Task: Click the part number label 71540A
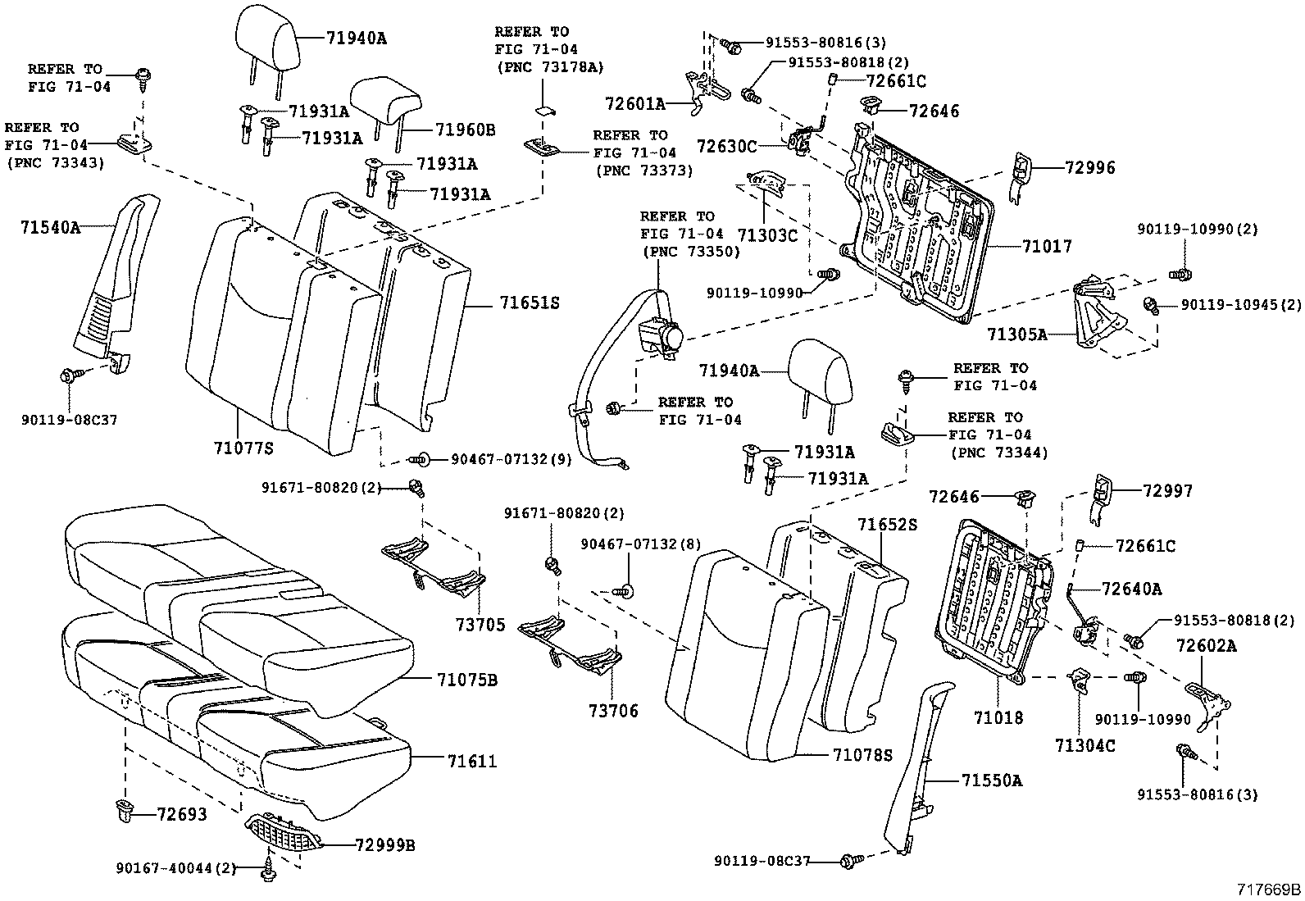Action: [50, 227]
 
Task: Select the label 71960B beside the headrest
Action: [465, 130]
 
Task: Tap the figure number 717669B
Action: [1269, 889]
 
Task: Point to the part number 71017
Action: [1047, 246]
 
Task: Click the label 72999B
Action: [384, 845]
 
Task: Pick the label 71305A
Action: [1016, 334]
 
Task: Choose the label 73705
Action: [480, 625]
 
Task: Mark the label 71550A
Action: [993, 780]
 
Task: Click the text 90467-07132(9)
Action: [511, 460]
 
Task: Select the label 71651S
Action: [530, 303]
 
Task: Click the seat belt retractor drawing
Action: [662, 336]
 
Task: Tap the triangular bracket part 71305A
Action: [1095, 316]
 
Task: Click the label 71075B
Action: [466, 680]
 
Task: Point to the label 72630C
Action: [726, 146]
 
